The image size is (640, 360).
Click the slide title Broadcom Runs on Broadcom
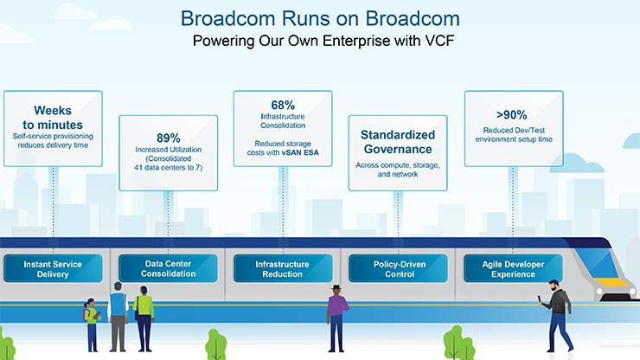tap(320, 18)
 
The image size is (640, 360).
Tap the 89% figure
tap(169, 137)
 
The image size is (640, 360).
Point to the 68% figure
tap(284, 103)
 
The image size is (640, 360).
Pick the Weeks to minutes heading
tap(53, 117)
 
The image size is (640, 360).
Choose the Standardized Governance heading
tap(398, 142)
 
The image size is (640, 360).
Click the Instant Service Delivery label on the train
tap(53, 267)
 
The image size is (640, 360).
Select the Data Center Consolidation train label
tap(169, 267)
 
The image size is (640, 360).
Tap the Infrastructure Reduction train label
tap(284, 267)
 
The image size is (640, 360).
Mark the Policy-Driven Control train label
tap(398, 267)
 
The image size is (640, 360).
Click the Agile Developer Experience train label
tap(511, 267)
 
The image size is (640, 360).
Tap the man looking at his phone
tap(559, 313)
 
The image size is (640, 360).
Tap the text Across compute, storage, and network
tap(398, 169)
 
